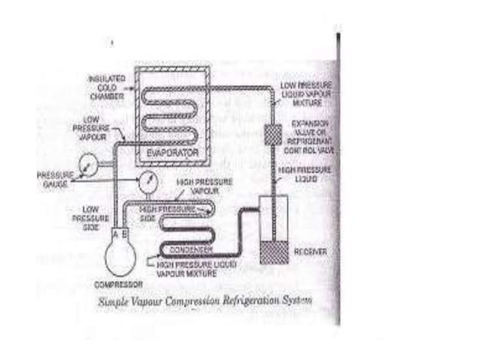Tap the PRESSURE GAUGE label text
pyautogui.click(x=55, y=178)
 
